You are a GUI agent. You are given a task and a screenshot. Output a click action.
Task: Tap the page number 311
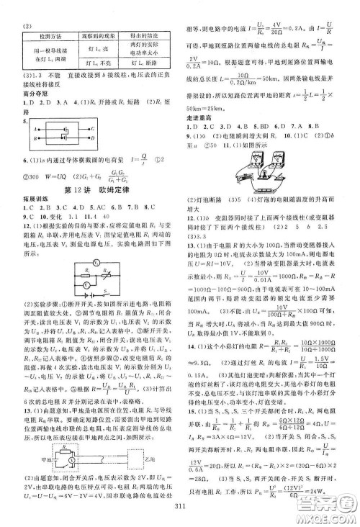tap(180, 512)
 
